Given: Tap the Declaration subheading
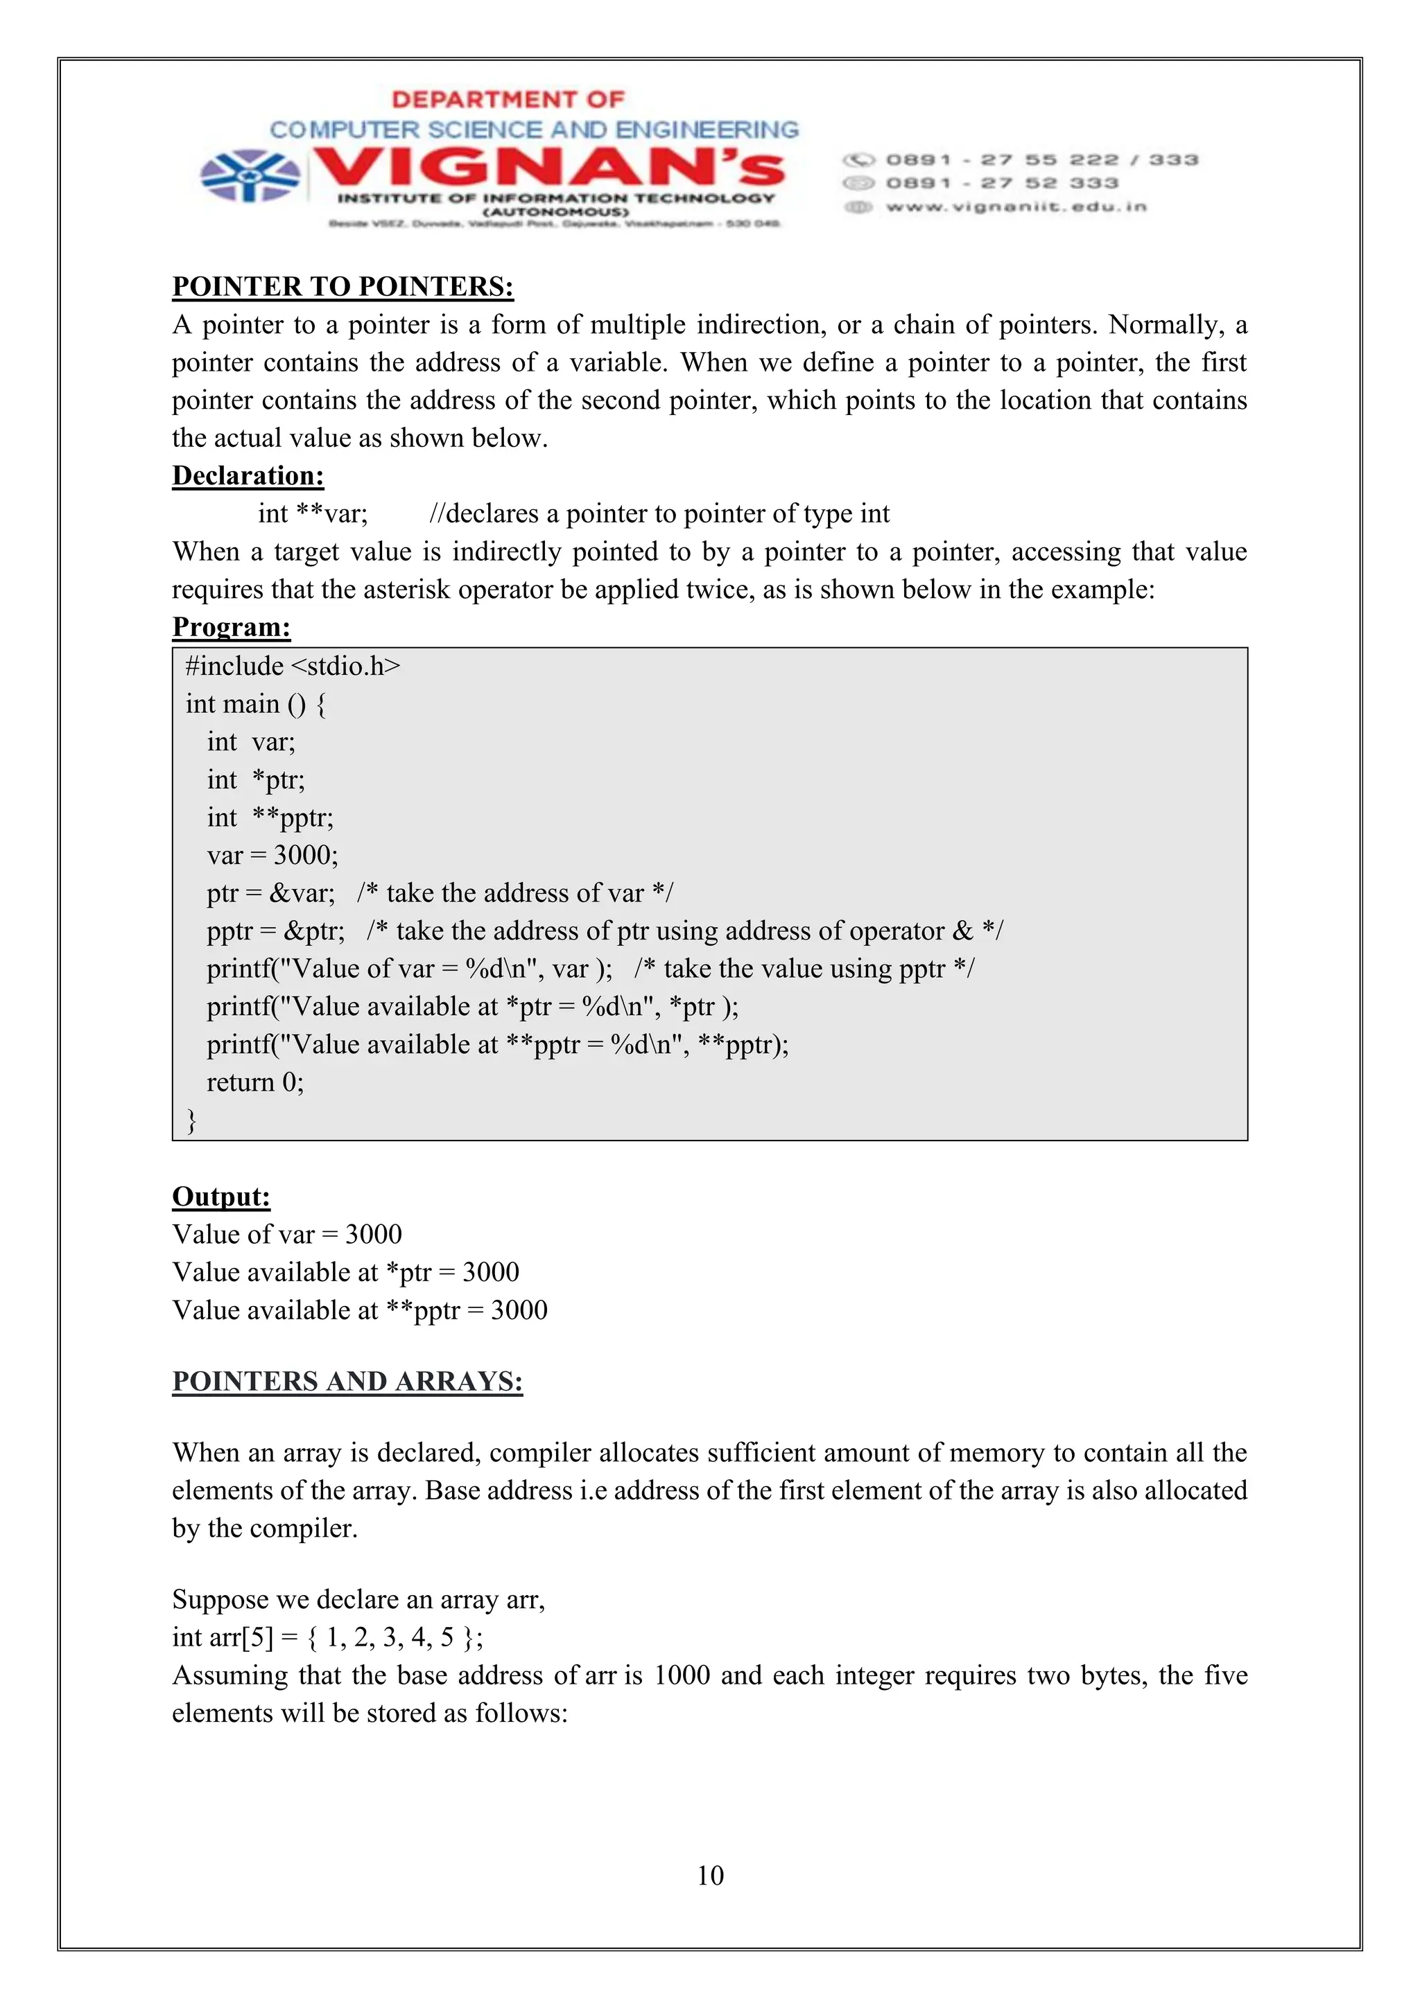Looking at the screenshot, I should [248, 476].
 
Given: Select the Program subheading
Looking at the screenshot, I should [231, 627].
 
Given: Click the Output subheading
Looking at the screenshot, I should [221, 1197].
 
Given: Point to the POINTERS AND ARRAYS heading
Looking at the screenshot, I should [347, 1381].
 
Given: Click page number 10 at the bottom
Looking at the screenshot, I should [709, 1875].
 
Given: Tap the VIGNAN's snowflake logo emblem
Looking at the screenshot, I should [250, 174].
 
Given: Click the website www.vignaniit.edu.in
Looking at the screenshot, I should [1015, 207].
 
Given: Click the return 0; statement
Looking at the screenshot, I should [254, 1083].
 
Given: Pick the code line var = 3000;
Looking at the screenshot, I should [272, 855].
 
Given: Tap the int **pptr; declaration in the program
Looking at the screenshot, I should [270, 818].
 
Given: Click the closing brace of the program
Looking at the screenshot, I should [191, 1120].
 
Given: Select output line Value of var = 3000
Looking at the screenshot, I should [287, 1234].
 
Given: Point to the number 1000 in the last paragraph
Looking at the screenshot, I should [682, 1675].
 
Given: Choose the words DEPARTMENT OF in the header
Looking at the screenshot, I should [508, 99].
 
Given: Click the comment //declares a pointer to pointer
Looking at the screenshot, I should [659, 513].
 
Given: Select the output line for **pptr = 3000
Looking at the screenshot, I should [360, 1310].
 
